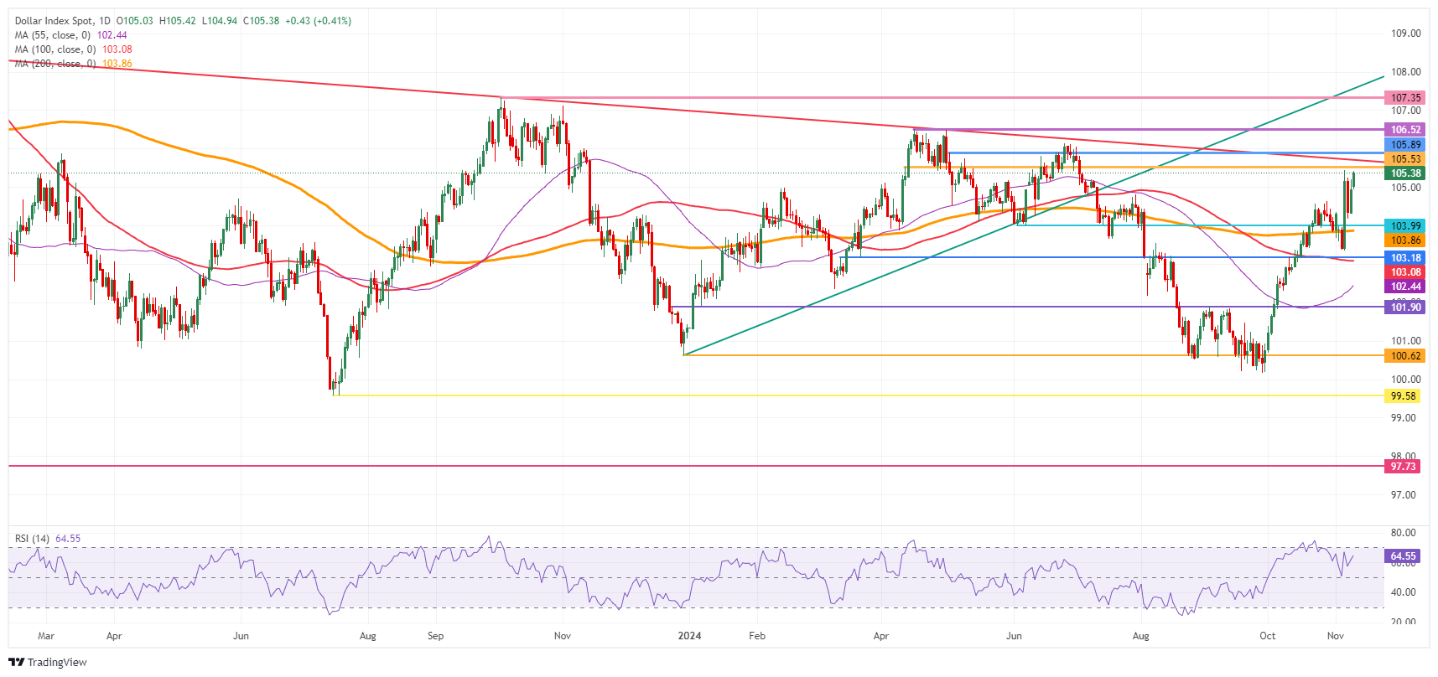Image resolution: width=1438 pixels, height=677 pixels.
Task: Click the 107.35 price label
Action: click(1405, 98)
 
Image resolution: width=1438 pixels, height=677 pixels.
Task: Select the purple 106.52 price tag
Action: click(1405, 130)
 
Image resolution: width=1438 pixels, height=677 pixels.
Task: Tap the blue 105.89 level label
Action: click(1405, 145)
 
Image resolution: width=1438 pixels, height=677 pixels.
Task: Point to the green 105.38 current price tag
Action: click(1405, 173)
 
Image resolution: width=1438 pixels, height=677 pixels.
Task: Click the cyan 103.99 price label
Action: click(1405, 226)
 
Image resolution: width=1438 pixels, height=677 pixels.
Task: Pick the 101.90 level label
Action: click(1405, 307)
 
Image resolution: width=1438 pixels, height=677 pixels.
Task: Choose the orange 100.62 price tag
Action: click(1405, 356)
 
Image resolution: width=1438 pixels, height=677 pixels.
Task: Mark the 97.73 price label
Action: click(1403, 467)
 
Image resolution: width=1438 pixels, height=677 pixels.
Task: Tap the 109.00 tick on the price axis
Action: click(1405, 34)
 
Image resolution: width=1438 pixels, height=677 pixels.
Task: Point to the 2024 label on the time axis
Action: click(689, 636)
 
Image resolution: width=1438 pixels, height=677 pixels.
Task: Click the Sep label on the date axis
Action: click(435, 636)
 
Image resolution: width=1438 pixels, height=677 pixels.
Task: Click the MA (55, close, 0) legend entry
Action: click(53, 35)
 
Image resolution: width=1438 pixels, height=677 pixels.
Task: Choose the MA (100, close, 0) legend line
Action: click(55, 49)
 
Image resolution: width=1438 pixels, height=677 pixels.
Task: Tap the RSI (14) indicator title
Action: click(32, 539)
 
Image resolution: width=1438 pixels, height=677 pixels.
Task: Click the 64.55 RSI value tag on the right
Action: click(1403, 556)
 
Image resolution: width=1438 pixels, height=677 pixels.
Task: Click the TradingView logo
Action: click(48, 662)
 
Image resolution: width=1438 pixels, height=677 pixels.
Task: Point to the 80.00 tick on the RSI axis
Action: click(1403, 533)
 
